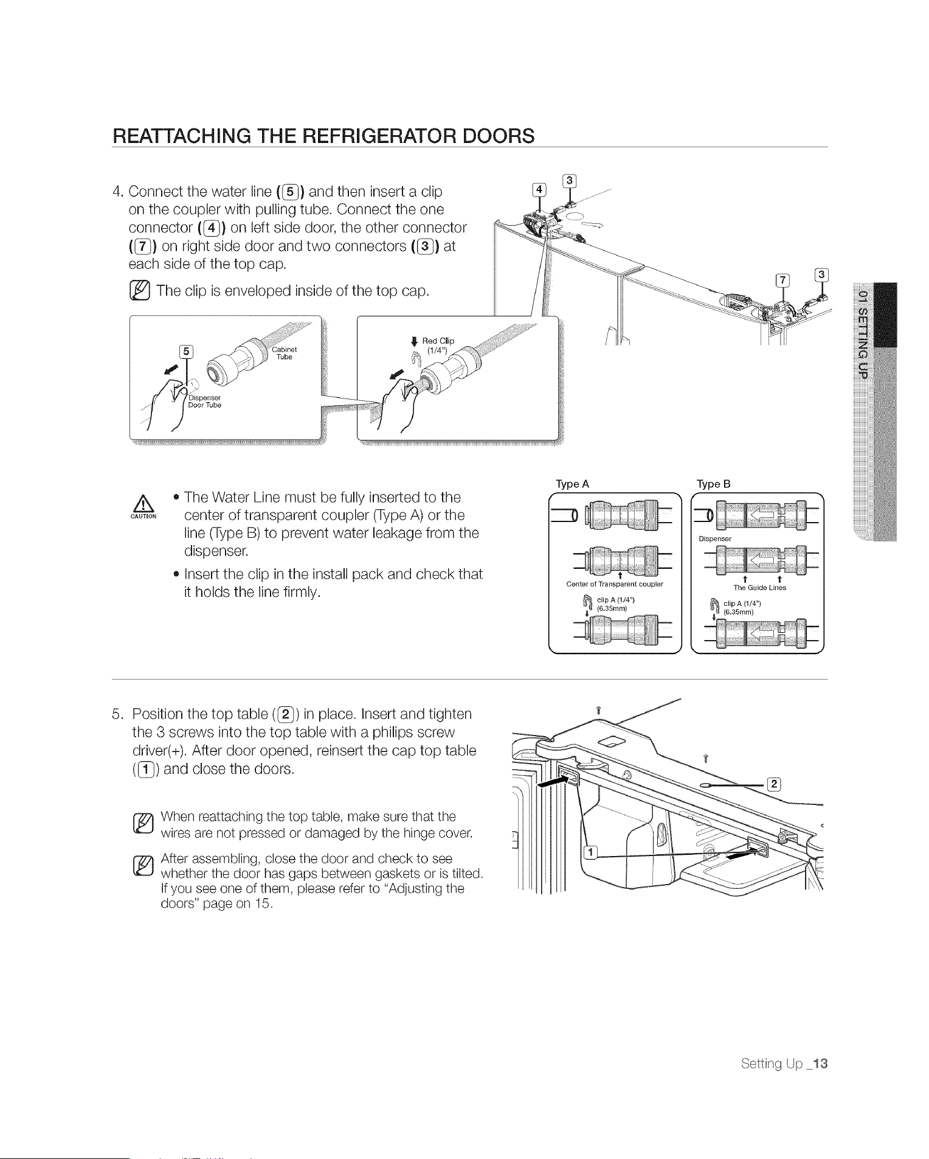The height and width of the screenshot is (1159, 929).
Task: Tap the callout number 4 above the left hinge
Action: tap(539, 189)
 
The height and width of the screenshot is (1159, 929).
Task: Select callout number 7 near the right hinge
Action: tap(783, 280)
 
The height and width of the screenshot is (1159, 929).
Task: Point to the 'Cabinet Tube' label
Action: tap(284, 353)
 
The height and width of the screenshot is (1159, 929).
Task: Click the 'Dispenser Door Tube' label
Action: tap(204, 402)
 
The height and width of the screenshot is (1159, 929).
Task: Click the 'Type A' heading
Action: tap(572, 484)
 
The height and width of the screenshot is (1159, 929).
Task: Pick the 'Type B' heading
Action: tap(714, 484)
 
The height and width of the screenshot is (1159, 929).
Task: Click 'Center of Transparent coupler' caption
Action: tap(614, 584)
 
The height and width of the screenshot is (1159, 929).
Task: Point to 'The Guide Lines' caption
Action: tap(759, 588)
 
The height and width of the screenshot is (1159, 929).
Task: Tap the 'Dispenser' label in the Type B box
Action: tap(715, 539)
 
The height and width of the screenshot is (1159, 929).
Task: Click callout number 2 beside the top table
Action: tap(774, 784)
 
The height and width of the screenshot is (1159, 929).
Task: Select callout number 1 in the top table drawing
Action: tap(588, 852)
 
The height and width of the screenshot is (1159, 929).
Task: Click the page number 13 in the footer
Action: tap(820, 1063)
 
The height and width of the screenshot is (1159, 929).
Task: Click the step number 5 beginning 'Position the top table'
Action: tap(117, 714)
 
